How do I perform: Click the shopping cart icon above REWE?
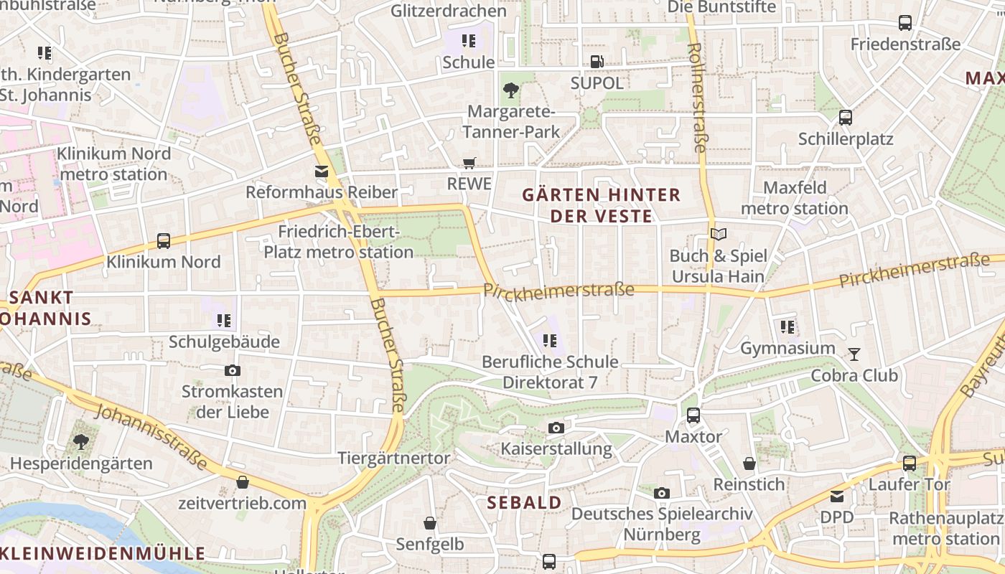pyautogui.click(x=469, y=164)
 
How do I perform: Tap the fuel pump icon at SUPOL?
pyautogui.click(x=596, y=62)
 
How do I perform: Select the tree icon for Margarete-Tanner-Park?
pyautogui.click(x=511, y=90)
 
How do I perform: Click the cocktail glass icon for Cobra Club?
pyautogui.click(x=854, y=354)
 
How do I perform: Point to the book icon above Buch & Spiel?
pyautogui.click(x=718, y=234)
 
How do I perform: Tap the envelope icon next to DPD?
pyautogui.click(x=837, y=496)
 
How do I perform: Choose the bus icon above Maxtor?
pyautogui.click(x=693, y=415)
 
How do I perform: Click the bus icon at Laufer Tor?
pyautogui.click(x=909, y=464)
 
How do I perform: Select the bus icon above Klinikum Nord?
pyautogui.click(x=164, y=241)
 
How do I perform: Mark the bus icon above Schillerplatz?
pyautogui.click(x=846, y=118)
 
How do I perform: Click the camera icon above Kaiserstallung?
pyautogui.click(x=556, y=428)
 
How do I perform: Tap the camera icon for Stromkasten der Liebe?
pyautogui.click(x=232, y=371)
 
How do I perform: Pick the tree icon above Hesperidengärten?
pyautogui.click(x=81, y=442)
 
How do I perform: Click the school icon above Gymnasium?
pyautogui.click(x=787, y=328)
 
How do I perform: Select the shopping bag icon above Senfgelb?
pyautogui.click(x=429, y=523)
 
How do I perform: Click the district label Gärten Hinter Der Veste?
pyautogui.click(x=601, y=205)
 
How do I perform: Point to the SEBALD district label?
pyautogui.click(x=524, y=502)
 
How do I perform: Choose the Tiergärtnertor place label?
pyautogui.click(x=393, y=458)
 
